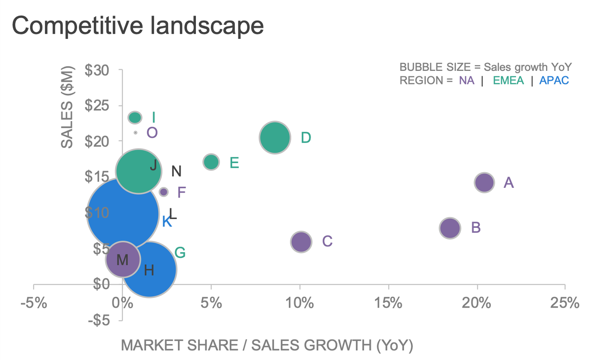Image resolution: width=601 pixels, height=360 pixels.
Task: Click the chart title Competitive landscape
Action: pyautogui.click(x=137, y=25)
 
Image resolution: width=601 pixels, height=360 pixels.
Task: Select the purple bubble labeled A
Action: pyautogui.click(x=484, y=183)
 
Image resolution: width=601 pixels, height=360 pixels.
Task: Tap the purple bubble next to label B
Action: pyautogui.click(x=450, y=228)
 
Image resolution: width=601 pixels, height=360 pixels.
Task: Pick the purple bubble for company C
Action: pyautogui.click(x=301, y=242)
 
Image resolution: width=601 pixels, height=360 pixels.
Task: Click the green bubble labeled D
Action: pyautogui.click(x=275, y=138)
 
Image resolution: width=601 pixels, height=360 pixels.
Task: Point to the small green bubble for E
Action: pyautogui.click(x=211, y=162)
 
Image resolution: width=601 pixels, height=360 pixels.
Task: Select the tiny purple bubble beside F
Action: pyautogui.click(x=163, y=192)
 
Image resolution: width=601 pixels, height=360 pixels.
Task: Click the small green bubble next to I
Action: pyautogui.click(x=135, y=117)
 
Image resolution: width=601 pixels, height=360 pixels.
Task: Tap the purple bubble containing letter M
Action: pyautogui.click(x=123, y=259)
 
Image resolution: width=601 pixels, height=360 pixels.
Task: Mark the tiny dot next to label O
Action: pyautogui.click(x=135, y=133)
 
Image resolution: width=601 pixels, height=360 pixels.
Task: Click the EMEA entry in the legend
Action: pyautogui.click(x=508, y=80)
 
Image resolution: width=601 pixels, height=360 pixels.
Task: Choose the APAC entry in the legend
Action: pyautogui.click(x=554, y=80)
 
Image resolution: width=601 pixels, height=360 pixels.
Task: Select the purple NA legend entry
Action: pyautogui.click(x=466, y=80)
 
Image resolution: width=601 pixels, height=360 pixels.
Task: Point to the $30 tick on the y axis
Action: pyautogui.click(x=97, y=70)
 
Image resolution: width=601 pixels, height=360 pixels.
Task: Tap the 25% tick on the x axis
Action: pyautogui.click(x=565, y=303)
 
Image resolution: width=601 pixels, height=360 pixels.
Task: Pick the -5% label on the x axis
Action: pyautogui.click(x=34, y=303)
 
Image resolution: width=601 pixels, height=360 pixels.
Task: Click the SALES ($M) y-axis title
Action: pyautogui.click(x=67, y=107)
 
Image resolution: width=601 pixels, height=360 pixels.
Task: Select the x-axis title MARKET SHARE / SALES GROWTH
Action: pyautogui.click(x=267, y=345)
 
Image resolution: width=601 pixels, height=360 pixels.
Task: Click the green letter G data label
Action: pyautogui.click(x=180, y=253)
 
